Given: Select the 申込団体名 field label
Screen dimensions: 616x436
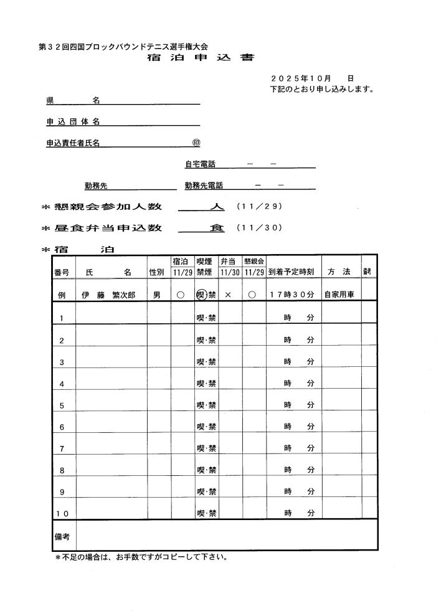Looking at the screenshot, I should coord(73,121).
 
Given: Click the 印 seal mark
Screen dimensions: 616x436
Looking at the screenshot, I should coord(196,143).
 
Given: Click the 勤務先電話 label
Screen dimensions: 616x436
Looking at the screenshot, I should coord(204,186).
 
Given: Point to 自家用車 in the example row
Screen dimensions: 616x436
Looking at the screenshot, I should coord(339,295).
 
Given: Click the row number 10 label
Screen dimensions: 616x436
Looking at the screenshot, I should coord(62,514).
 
